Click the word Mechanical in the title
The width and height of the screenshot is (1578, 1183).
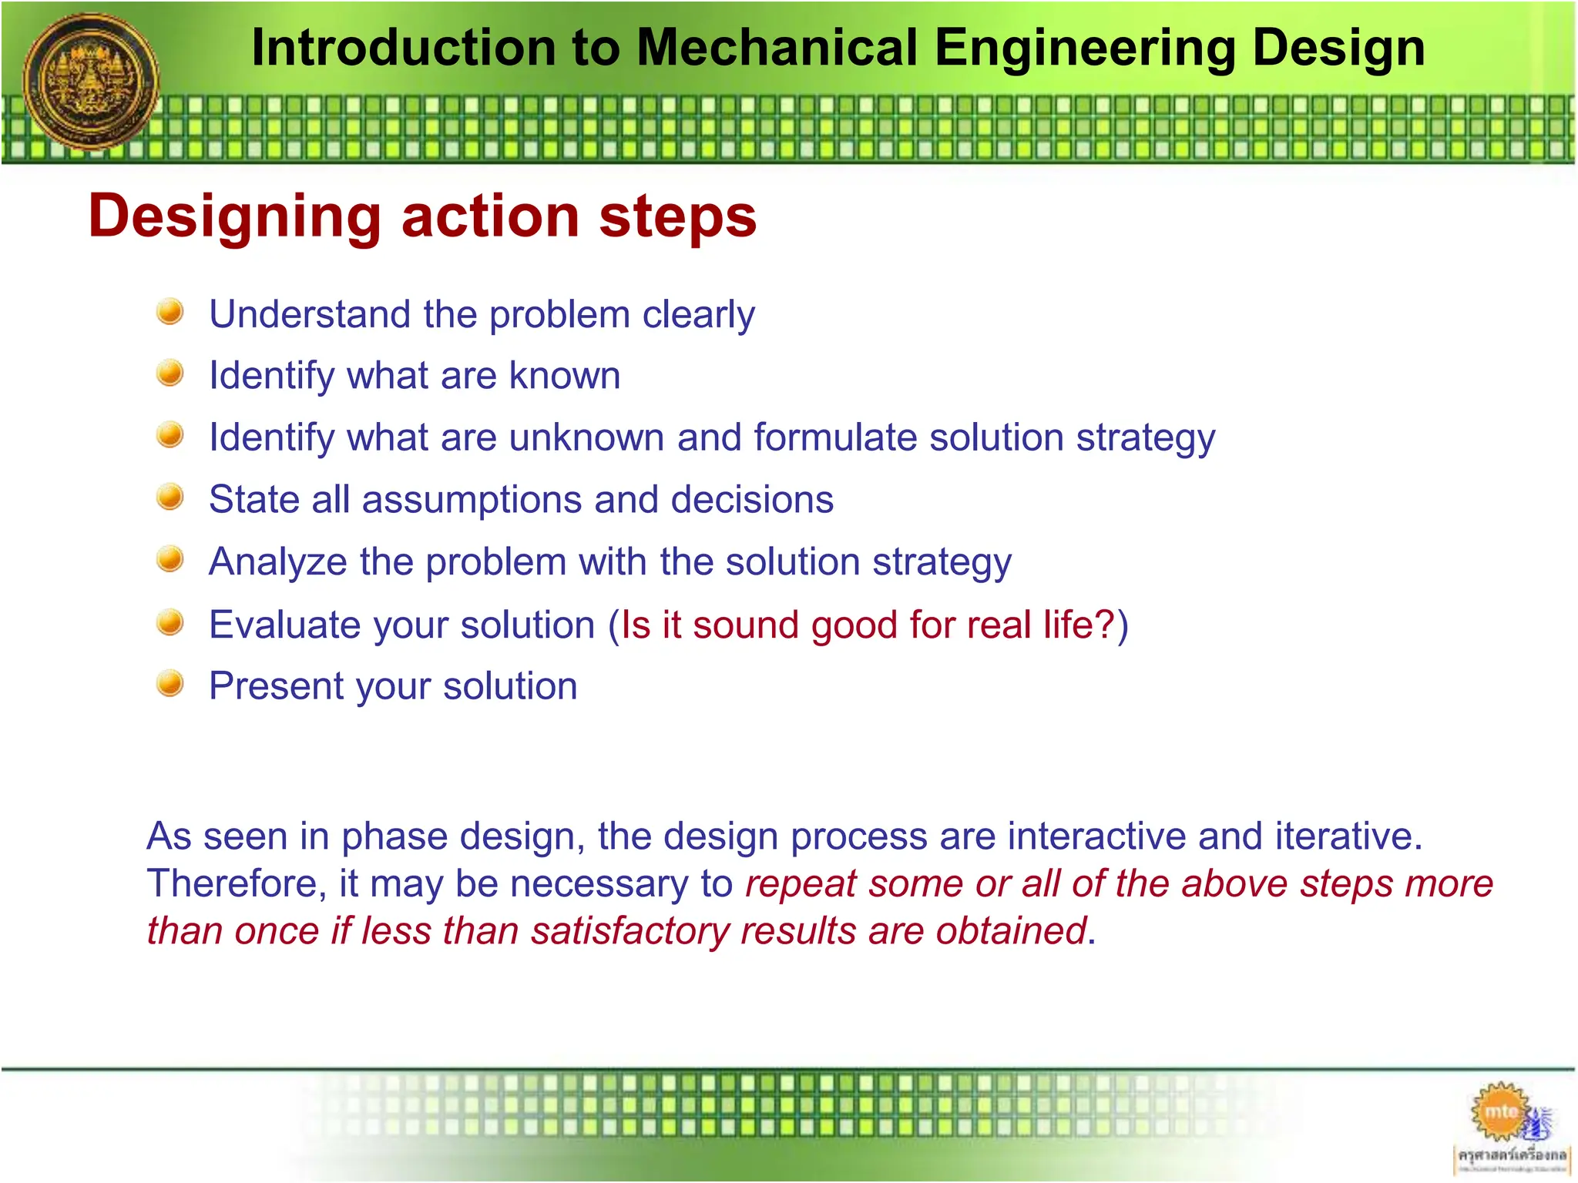pos(778,48)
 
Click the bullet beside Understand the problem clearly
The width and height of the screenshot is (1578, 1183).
pos(170,312)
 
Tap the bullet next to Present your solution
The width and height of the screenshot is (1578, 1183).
pos(170,683)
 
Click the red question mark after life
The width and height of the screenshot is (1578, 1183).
pos(1106,624)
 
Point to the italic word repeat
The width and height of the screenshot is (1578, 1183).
pos(801,884)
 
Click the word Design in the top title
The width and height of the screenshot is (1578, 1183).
pos(1338,48)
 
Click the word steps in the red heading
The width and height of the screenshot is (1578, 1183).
pos(677,216)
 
